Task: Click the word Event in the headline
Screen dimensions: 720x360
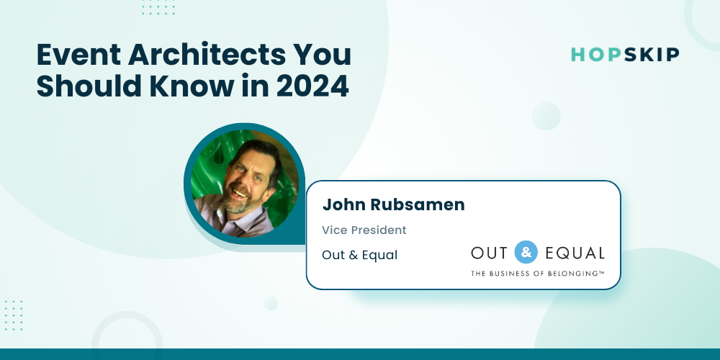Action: click(78, 55)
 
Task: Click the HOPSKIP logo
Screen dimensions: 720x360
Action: click(625, 55)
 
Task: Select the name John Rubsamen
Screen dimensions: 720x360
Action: click(394, 204)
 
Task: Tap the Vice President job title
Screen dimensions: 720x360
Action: click(364, 230)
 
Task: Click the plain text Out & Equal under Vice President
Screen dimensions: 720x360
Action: click(359, 255)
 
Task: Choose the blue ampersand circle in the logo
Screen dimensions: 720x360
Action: click(526, 252)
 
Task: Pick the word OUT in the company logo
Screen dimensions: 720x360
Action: click(489, 253)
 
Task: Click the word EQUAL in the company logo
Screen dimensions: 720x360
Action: click(575, 253)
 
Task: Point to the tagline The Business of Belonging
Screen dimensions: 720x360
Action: click(538, 273)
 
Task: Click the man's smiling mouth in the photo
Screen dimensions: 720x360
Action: click(240, 192)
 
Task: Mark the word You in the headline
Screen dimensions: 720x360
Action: click(330, 55)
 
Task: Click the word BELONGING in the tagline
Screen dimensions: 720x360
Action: click(576, 273)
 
